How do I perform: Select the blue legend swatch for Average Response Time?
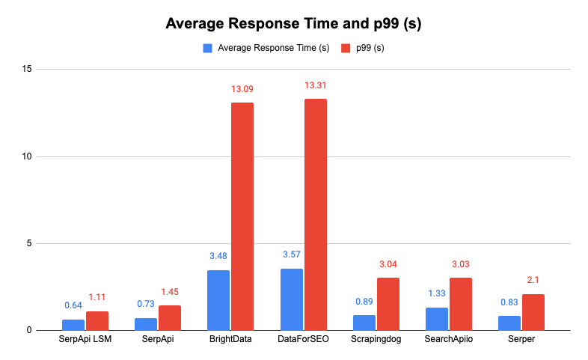207,49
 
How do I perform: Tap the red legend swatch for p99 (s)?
346,49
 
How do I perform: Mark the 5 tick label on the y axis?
28,243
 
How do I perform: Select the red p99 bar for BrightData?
242,216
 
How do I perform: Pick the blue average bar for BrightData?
218,300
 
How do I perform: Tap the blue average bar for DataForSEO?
291,299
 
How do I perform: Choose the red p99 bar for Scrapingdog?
388,304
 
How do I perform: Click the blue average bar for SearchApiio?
437,319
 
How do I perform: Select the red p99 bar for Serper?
533,312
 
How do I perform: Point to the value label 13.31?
315,86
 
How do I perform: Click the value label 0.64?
73,305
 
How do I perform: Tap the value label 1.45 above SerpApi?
170,291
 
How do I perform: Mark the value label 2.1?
533,280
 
